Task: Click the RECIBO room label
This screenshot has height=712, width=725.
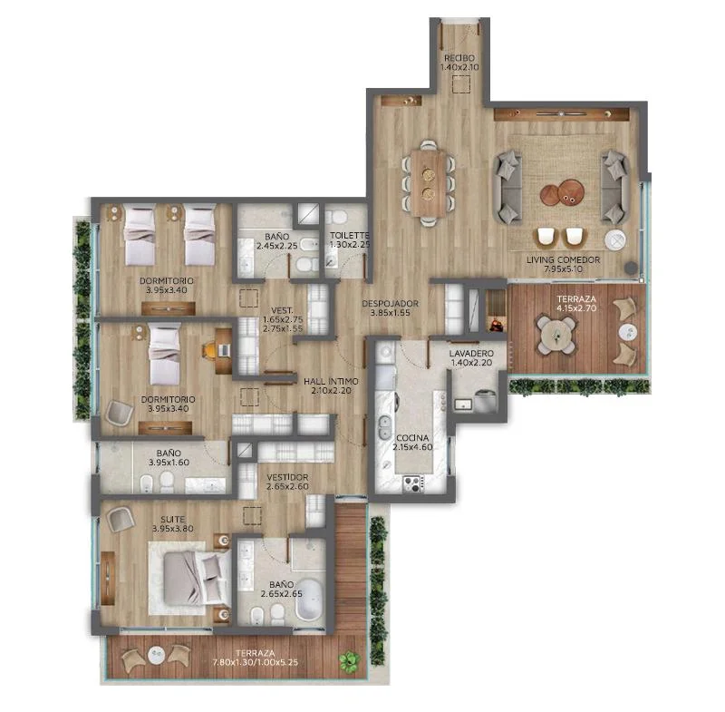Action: pos(459,58)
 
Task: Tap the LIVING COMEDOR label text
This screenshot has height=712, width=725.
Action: pos(563,260)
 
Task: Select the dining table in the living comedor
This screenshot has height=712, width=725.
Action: pos(428,182)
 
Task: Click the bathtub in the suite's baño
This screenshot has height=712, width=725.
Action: pos(308,600)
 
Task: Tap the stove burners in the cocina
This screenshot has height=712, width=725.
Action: pos(413,484)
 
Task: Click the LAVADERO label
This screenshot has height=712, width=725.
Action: pos(471,354)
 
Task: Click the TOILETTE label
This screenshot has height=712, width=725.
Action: pos(350,236)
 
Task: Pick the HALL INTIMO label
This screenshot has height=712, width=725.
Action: pos(331,382)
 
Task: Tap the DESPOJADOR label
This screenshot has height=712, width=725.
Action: pos(391,304)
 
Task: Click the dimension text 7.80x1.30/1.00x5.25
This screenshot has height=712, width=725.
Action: pos(256,662)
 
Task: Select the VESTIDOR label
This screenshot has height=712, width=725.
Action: pos(287,477)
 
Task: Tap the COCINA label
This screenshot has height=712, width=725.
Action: pos(412,438)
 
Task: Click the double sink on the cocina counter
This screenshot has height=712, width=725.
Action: pos(383,428)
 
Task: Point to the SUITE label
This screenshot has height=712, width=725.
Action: pos(173,519)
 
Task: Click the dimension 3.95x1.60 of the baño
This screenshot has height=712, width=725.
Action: pos(169,463)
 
